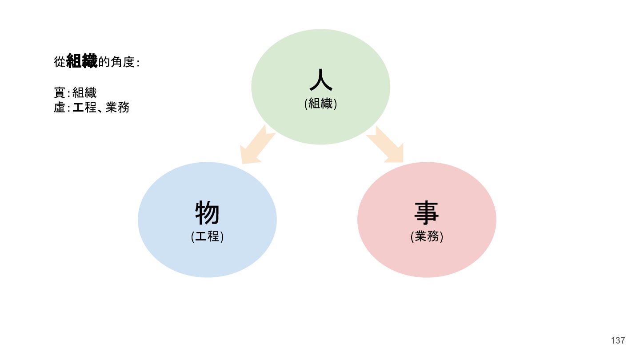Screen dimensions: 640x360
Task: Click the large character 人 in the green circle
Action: [x=320, y=81]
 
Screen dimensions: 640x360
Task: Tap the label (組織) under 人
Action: [x=320, y=104]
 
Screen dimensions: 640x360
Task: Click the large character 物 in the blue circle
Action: [x=207, y=213]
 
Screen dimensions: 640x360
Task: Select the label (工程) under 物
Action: [x=207, y=236]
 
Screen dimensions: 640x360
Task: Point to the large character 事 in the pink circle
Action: [x=427, y=213]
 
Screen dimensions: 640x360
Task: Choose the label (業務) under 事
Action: [x=427, y=236]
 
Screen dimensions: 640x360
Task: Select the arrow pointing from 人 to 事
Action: [x=385, y=144]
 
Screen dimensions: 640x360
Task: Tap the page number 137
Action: [x=618, y=340]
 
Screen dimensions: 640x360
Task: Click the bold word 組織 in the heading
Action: [x=82, y=61]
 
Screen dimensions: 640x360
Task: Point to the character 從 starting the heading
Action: [x=60, y=62]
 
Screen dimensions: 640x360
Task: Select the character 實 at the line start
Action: [x=60, y=93]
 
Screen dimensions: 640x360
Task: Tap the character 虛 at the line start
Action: [x=60, y=107]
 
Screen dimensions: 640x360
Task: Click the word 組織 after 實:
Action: [x=84, y=93]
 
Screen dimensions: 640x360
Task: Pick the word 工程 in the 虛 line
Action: [x=84, y=107]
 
